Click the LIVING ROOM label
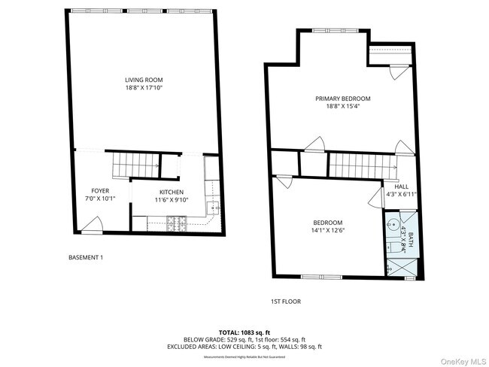pyautogui.click(x=144, y=80)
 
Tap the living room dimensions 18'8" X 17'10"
pyautogui.click(x=144, y=88)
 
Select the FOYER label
pyautogui.click(x=100, y=191)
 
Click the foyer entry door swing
pyautogui.click(x=93, y=223)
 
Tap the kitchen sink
pyautogui.click(x=213, y=208)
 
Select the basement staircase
pyautogui.click(x=135, y=163)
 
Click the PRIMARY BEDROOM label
pyautogui.click(x=342, y=99)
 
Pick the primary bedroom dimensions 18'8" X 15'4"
pyautogui.click(x=342, y=107)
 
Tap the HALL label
pyautogui.click(x=402, y=187)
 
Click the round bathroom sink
pyautogui.click(x=393, y=223)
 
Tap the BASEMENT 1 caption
pyautogui.click(x=86, y=258)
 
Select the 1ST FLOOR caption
pyautogui.click(x=286, y=302)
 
